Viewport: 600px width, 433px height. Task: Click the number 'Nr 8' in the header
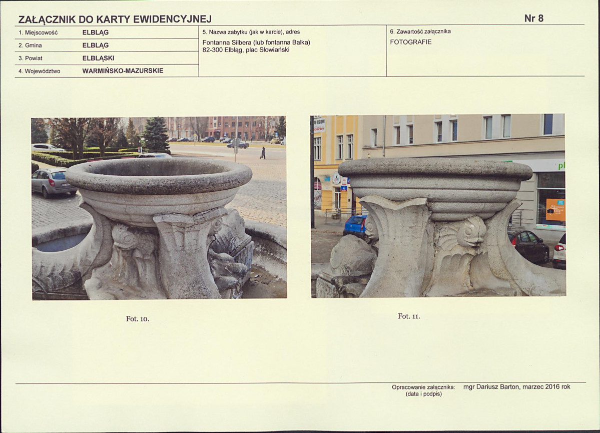[x=534, y=19]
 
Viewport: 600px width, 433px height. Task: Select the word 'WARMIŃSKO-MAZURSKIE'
[x=123, y=71]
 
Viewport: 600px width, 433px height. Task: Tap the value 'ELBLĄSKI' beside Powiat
[x=99, y=58]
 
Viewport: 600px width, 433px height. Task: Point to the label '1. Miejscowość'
[x=38, y=33]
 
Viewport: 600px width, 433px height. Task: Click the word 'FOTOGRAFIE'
[x=410, y=42]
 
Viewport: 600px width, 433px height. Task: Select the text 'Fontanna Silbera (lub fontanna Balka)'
[x=256, y=43]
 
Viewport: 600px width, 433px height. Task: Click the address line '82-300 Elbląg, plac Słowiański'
[x=246, y=50]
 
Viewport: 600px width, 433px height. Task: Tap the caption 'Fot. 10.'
[x=138, y=319]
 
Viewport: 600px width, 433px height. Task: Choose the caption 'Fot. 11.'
[x=409, y=316]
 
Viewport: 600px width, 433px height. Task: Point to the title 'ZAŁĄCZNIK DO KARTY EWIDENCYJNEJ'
[x=115, y=19]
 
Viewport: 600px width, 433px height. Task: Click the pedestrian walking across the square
[x=263, y=153]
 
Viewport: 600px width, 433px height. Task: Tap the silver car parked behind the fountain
[x=54, y=182]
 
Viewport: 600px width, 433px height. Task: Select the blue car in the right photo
[x=355, y=226]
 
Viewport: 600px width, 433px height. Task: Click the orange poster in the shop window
[x=555, y=210]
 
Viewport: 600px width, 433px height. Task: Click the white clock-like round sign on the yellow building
[x=336, y=178]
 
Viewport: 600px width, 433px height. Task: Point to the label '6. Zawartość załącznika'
[x=420, y=32]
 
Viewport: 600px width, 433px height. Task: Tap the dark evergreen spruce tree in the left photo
[x=155, y=135]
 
